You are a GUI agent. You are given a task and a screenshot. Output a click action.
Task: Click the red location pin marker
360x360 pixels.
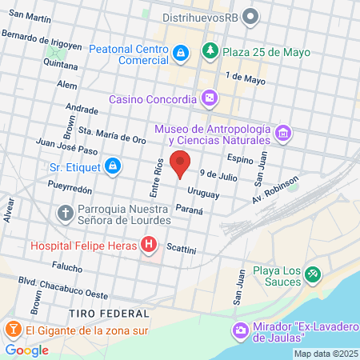pos(181,162)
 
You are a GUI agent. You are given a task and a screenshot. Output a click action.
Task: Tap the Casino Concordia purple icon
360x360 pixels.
pos(209,98)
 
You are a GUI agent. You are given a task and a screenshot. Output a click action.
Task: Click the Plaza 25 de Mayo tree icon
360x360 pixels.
pos(210,52)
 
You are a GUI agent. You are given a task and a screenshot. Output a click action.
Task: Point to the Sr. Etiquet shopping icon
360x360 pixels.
pos(114,166)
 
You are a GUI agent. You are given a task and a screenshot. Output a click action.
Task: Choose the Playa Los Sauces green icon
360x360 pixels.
pos(313,274)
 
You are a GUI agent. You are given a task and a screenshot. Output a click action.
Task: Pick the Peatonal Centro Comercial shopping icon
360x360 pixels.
pos(181,54)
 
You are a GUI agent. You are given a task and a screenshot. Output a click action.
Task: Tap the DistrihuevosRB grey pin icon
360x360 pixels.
pos(251,15)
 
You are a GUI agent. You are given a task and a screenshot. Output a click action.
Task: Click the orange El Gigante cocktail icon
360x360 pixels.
pos(13,329)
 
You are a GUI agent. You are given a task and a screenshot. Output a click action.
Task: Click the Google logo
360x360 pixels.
pos(26,350)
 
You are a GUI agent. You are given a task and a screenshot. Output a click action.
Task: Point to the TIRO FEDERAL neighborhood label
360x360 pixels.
pos(109,311)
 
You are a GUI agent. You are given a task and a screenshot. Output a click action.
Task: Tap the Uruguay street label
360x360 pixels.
pos(203,192)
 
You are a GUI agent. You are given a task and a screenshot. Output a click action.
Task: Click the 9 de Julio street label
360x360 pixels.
pos(219,173)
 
